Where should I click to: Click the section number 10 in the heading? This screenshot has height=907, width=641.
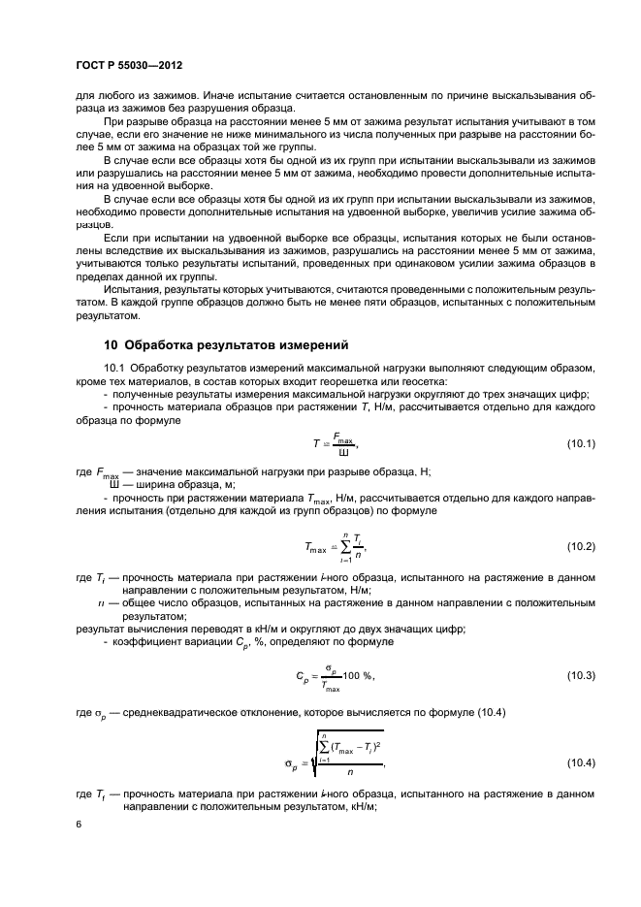111,345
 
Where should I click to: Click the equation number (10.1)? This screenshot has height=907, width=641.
581,443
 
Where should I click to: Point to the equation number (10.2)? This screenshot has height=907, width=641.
581,547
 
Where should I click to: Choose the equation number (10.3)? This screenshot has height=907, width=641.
581,675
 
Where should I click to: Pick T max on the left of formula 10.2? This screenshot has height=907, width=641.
313,549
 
